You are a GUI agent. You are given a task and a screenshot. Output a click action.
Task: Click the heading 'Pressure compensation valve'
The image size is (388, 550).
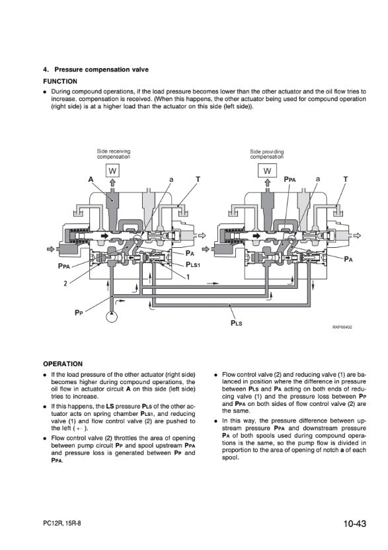[x=101, y=69]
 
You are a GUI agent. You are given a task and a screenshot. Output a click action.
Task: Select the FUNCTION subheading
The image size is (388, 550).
[x=60, y=81]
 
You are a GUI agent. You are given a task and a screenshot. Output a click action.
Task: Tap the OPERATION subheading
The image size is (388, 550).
[x=63, y=364]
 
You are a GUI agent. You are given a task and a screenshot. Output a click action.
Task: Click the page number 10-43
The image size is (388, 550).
[x=355, y=524]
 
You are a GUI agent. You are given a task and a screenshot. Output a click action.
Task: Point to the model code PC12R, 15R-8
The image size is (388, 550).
[x=61, y=524]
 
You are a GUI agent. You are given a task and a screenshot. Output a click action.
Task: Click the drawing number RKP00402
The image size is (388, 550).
[x=342, y=327]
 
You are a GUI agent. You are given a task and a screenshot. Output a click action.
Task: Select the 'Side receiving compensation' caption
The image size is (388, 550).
[x=113, y=154]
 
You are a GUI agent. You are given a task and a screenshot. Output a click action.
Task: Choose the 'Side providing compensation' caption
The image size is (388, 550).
[x=266, y=154]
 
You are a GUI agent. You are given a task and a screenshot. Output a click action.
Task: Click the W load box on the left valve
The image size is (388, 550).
[x=112, y=171]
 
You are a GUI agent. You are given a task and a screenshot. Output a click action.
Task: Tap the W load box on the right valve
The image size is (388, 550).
[x=267, y=171]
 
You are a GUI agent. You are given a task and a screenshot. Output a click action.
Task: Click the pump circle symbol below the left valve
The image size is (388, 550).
[x=112, y=317]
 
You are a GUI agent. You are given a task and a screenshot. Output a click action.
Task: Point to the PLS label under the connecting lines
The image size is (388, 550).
[x=236, y=323]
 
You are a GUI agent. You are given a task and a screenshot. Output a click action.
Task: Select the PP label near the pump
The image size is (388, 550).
[x=79, y=312]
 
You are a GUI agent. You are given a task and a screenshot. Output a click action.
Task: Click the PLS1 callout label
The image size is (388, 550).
[x=192, y=265]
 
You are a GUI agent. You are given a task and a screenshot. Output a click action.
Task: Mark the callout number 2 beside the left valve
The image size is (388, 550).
[x=65, y=284]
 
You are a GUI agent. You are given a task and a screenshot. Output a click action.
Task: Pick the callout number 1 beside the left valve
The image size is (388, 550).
[x=188, y=277]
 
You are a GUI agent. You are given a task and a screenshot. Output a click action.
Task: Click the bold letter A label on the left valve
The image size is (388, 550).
[x=91, y=179]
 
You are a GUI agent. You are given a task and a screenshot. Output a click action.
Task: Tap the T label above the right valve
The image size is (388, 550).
[x=346, y=179]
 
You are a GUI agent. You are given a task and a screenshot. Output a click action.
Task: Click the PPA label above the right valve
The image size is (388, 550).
[x=290, y=179]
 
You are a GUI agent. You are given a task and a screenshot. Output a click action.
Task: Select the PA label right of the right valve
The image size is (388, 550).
[x=348, y=259]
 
